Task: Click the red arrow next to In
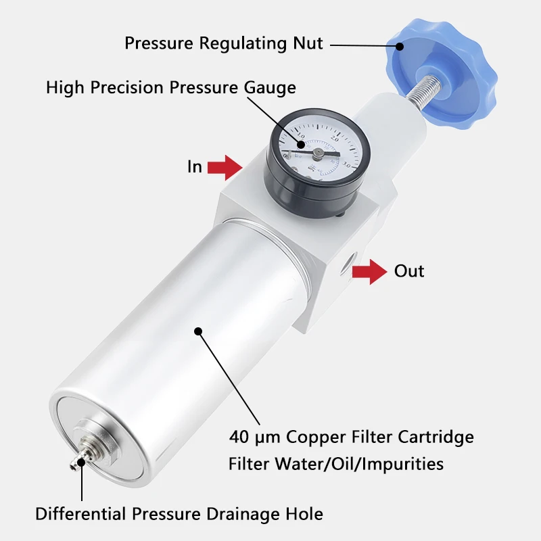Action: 225,168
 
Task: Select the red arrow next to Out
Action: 369,272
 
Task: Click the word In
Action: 195,166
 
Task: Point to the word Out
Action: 409,271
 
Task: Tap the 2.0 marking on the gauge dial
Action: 335,139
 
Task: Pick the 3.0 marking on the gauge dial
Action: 346,165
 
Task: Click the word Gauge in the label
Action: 270,88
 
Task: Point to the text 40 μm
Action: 255,437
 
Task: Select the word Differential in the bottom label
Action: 80,514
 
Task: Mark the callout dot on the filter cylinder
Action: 198,331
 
